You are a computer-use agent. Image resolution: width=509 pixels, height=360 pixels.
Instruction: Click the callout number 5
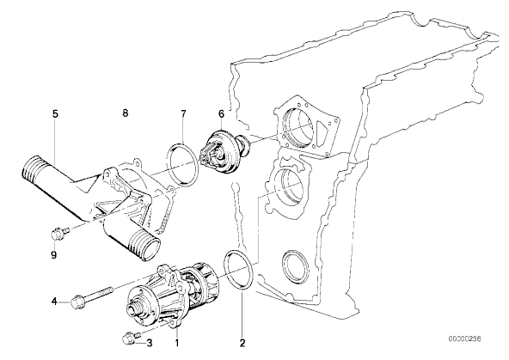click(x=55, y=113)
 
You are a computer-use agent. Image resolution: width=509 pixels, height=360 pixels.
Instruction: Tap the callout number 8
click(x=126, y=113)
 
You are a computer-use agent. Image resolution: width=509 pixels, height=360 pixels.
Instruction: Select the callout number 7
click(x=183, y=113)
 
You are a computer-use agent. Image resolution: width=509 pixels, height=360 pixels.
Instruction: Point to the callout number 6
click(x=221, y=113)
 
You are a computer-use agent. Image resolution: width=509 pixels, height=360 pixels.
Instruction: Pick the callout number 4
click(x=54, y=302)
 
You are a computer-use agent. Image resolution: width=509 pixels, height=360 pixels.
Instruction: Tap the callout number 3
click(x=150, y=343)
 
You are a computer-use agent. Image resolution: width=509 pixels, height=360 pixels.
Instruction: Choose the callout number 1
click(x=177, y=343)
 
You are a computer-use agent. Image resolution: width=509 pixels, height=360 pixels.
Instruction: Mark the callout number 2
click(x=242, y=343)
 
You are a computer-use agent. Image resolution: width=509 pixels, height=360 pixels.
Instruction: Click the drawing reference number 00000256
click(x=465, y=339)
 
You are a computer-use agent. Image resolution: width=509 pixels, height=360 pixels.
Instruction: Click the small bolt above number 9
click(x=60, y=234)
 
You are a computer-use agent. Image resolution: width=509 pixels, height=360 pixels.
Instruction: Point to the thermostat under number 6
click(x=224, y=151)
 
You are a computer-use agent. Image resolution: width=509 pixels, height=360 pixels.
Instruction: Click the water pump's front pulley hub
click(x=136, y=310)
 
